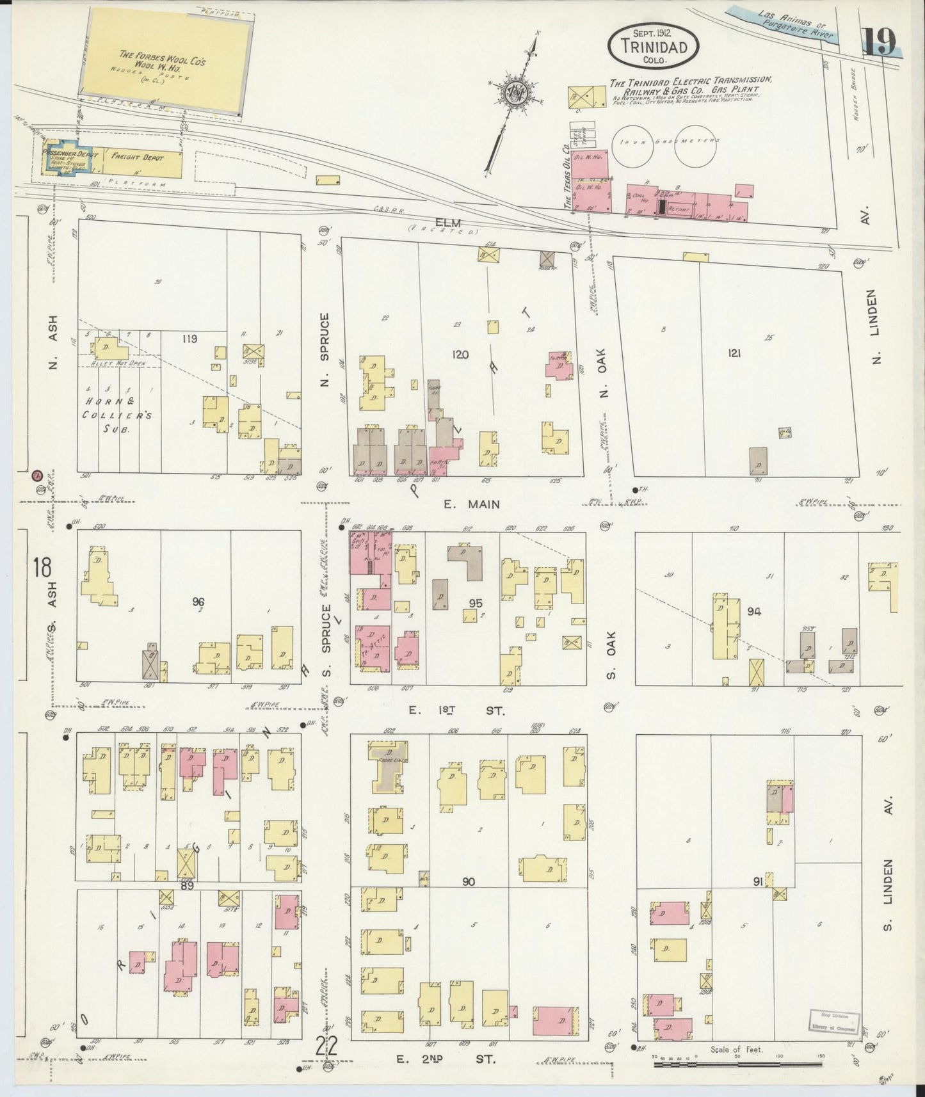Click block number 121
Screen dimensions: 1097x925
pos(734,353)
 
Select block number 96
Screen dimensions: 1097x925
pos(198,602)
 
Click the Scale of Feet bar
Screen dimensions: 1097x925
pos(737,1064)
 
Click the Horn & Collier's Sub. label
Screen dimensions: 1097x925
pos(117,415)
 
